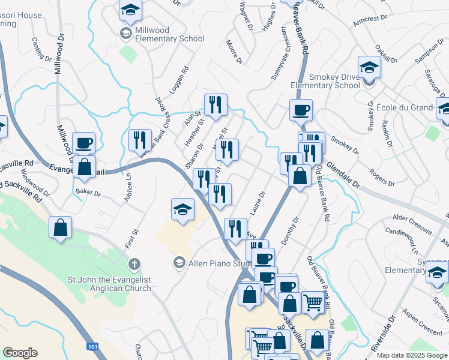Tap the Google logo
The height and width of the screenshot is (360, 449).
pos(20,353)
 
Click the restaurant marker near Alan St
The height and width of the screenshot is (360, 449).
pos(215,106)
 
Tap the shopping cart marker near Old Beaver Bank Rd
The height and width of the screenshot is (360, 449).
pos(313,303)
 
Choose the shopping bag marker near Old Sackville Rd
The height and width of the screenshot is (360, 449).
pos(60,228)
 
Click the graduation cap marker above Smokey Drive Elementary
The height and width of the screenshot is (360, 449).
pos(370,67)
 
